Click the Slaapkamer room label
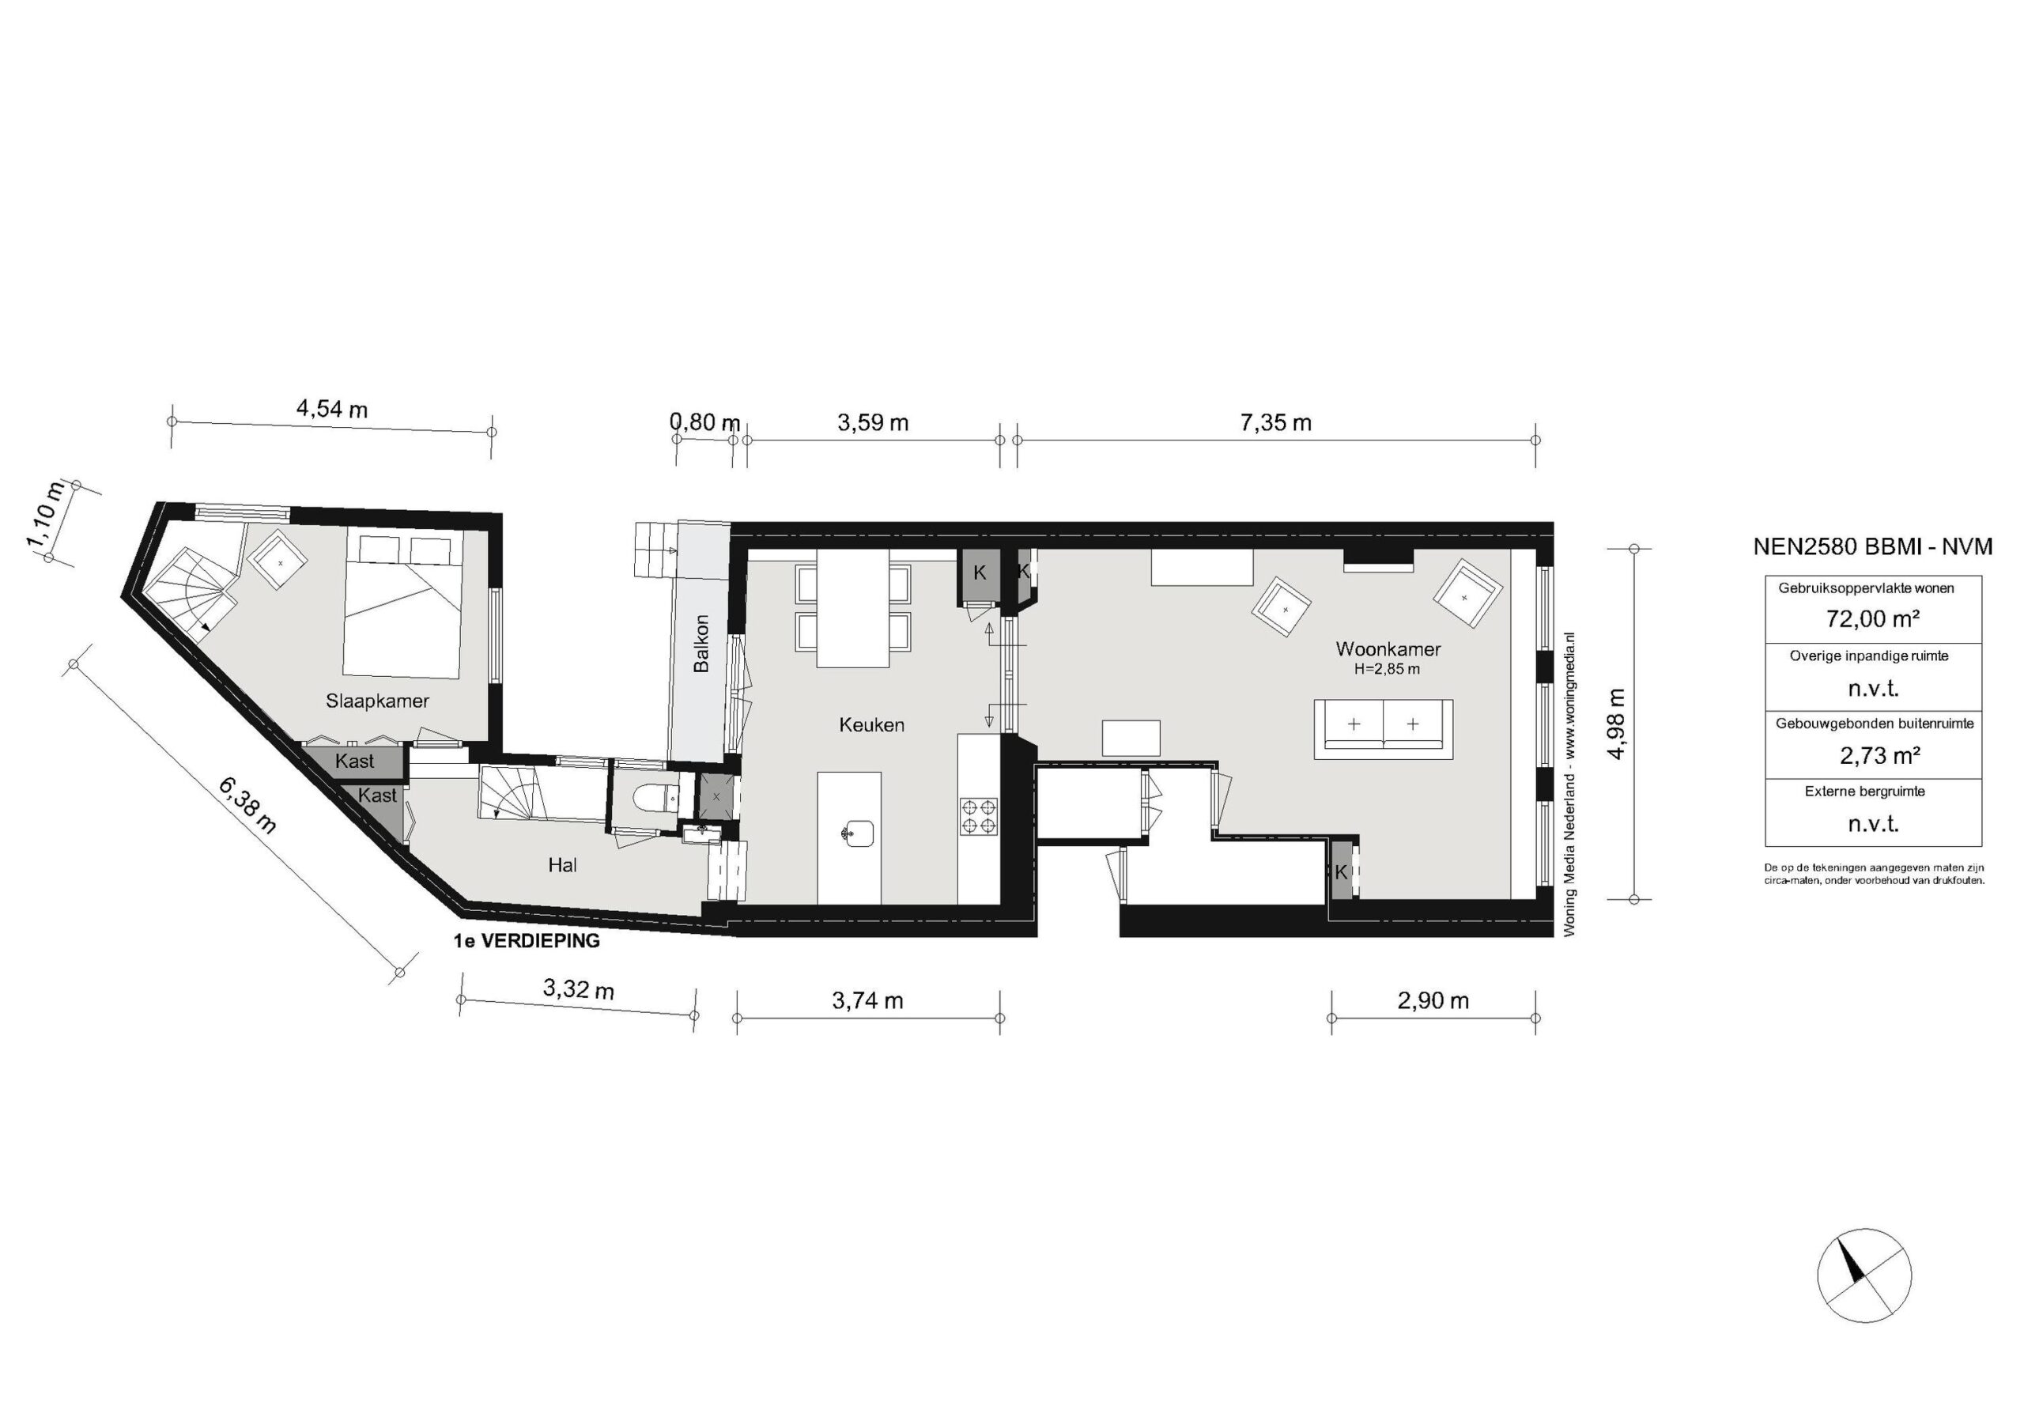coord(377,701)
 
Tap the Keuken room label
coord(871,724)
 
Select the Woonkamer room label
coord(1388,648)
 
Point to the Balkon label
coord(700,644)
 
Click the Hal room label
coord(562,865)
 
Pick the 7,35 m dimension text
coord(1275,423)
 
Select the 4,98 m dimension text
coord(1616,724)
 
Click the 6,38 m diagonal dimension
coord(247,805)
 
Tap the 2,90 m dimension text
coord(1433,1000)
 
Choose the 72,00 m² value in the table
coord(1872,619)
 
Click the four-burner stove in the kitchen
coord(979,815)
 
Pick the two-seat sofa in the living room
coord(1383,729)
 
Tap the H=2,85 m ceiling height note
coord(1387,669)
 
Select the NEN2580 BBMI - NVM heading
coord(1872,546)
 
